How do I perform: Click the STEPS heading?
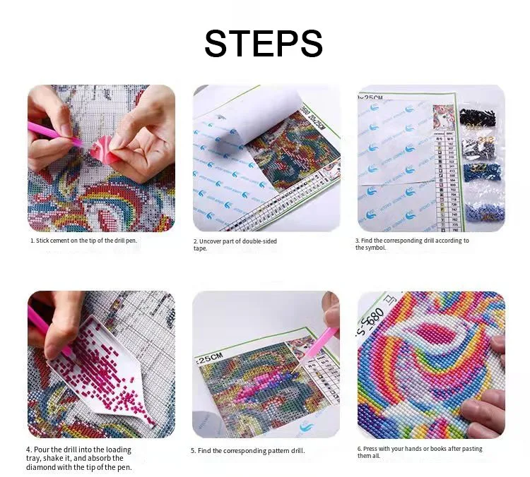click(x=264, y=44)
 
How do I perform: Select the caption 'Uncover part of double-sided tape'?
click(x=235, y=244)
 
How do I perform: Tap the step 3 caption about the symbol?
click(x=411, y=244)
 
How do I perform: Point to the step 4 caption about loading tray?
click(x=79, y=458)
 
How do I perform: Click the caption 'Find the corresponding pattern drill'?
click(x=248, y=450)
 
